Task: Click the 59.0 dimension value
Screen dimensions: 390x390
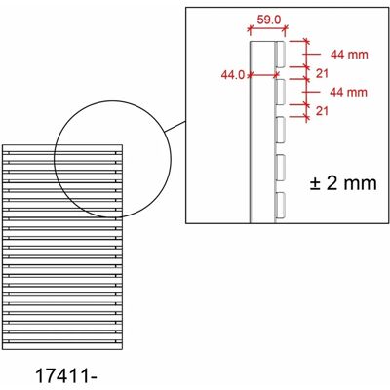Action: coord(269,20)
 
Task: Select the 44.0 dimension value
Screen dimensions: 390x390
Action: coord(233,75)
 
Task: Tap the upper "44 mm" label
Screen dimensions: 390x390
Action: coord(349,55)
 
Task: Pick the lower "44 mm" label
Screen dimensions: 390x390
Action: coord(349,92)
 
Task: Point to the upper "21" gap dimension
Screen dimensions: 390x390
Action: coord(322,74)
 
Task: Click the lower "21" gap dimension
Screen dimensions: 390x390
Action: coord(322,111)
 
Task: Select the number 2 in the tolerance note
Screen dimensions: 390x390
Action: coord(331,183)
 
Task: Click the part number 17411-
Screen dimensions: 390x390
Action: coord(66,376)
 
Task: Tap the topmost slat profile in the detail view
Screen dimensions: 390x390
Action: coord(280,55)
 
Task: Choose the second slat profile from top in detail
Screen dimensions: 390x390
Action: coord(280,92)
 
